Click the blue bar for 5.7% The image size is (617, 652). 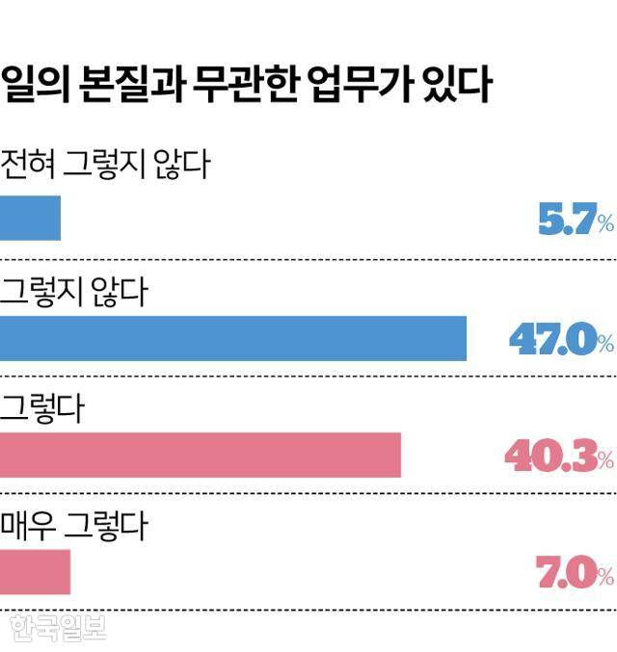point(30,218)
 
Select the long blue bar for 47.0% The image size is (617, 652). point(232,338)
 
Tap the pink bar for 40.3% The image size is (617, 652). point(200,455)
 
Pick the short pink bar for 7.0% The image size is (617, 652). point(35,572)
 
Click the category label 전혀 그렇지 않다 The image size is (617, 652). point(106,165)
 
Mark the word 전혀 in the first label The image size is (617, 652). point(28,165)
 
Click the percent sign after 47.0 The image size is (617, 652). point(604,343)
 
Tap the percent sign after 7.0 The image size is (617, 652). point(604,577)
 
